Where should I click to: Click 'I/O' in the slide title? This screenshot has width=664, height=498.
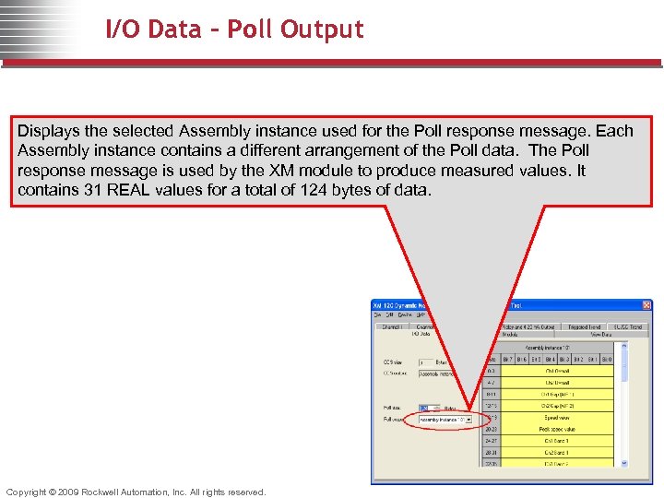point(124,30)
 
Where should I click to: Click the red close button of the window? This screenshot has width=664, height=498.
point(646,305)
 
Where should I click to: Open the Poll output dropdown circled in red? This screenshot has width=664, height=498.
point(468,420)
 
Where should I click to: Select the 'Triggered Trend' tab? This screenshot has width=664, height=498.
point(585,326)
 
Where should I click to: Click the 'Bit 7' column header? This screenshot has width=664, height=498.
point(507,359)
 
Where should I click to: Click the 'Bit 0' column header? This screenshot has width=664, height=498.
point(606,359)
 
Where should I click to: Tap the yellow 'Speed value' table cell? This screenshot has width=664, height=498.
point(557,418)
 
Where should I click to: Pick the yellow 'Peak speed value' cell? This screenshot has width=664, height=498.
point(557,429)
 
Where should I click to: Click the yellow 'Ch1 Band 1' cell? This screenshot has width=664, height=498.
point(557,441)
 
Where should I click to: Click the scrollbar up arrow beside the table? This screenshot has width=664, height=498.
point(623,347)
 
